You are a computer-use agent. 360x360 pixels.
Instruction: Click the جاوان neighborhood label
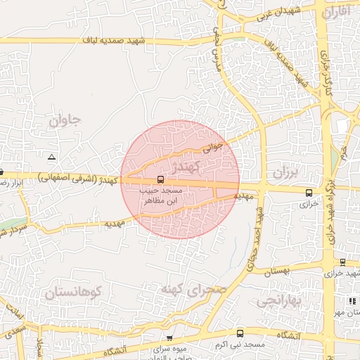65,121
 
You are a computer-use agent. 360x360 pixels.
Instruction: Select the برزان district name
285,172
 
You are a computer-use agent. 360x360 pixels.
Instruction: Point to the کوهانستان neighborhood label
74,292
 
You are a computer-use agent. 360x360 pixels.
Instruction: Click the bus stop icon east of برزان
309,193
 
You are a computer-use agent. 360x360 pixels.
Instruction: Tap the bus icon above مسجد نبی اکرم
240,333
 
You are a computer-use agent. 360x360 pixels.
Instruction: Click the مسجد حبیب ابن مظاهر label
162,195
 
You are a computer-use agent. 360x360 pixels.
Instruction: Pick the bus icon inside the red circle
161,179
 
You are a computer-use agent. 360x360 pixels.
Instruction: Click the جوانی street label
212,148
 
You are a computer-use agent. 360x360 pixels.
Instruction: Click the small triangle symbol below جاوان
50,156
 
